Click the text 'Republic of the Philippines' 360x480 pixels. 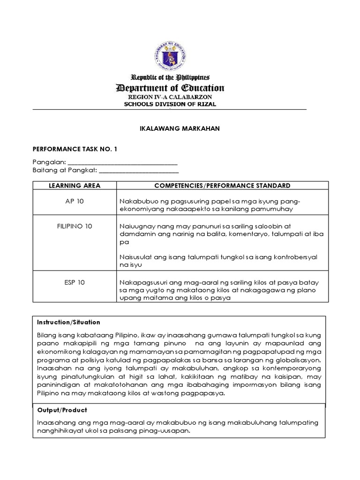pyautogui.click(x=170, y=77)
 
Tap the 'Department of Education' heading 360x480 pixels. pyautogui.click(x=170, y=88)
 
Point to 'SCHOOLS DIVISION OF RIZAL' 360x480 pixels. pyautogui.click(x=170, y=104)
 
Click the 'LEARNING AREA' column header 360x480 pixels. pyautogui.click(x=75, y=186)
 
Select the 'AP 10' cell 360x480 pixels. pyautogui.click(x=75, y=201)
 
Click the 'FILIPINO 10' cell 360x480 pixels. pyautogui.click(x=75, y=226)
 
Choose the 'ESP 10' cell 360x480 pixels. pyautogui.click(x=75, y=282)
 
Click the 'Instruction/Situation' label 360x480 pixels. pyautogui.click(x=68, y=322)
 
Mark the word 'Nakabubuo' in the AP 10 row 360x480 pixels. pyautogui.click(x=136, y=201)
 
